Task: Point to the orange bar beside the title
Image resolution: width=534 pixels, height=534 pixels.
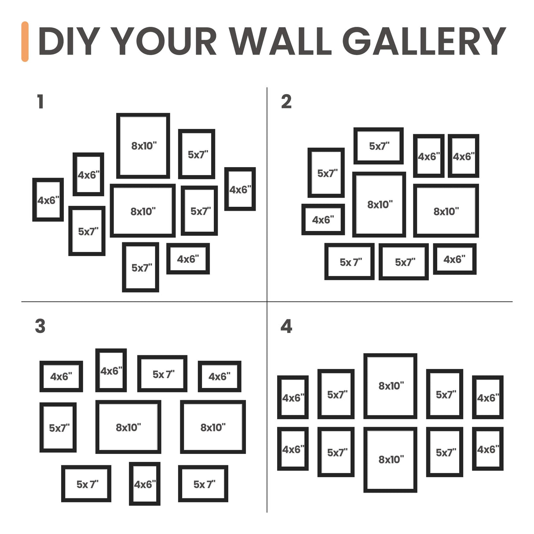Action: (x=25, y=42)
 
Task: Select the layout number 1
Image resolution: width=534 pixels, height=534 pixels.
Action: (x=40, y=102)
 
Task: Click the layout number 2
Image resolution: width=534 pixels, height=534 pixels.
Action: (x=286, y=102)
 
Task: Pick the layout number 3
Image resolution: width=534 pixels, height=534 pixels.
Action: (x=40, y=326)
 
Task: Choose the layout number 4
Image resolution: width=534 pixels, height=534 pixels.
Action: (x=286, y=326)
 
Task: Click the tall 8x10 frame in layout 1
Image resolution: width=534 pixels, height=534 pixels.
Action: (x=143, y=146)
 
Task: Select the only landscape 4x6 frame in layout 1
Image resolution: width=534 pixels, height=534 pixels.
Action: (x=188, y=259)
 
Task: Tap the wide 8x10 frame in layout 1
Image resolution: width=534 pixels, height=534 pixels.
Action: (x=143, y=211)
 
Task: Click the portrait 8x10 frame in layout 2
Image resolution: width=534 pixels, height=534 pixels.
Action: (x=379, y=204)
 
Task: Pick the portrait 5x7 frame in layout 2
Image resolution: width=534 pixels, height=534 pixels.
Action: (x=326, y=173)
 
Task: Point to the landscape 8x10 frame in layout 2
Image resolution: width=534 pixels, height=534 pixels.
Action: (x=446, y=211)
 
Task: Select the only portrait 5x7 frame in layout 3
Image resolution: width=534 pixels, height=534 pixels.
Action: (x=58, y=427)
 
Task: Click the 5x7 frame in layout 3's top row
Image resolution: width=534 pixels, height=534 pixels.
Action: (x=162, y=373)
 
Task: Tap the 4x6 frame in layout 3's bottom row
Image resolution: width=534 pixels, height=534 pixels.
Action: (x=145, y=484)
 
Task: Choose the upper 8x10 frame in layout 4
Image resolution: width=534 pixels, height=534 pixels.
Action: (x=391, y=386)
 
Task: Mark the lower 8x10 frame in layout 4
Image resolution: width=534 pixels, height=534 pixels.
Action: (x=391, y=459)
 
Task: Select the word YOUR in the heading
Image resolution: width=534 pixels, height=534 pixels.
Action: (x=165, y=42)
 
